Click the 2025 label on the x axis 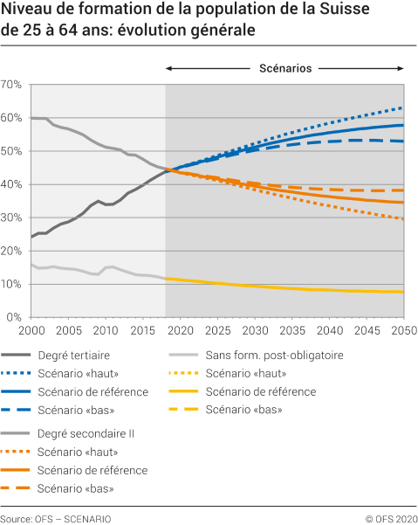pyautogui.click(x=216, y=331)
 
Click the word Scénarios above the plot pyautogui.click(x=285, y=67)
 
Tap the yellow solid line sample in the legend pyautogui.click(x=185, y=391)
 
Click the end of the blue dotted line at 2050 pyautogui.click(x=403, y=107)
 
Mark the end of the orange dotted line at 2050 pyautogui.click(x=403, y=219)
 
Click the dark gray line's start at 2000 pyautogui.click(x=31, y=237)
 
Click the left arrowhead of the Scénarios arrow pyautogui.click(x=168, y=68)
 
